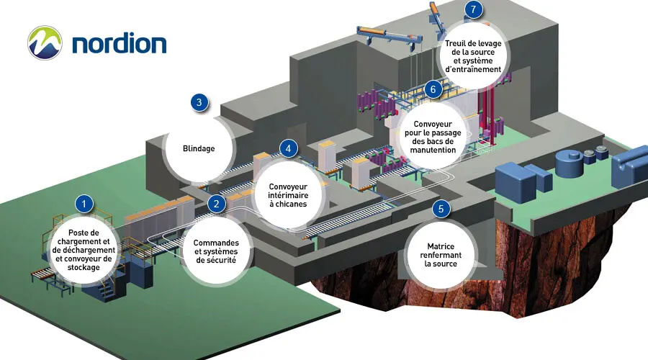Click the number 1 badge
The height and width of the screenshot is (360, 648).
coord(85,204)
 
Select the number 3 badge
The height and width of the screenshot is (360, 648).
coord(199,102)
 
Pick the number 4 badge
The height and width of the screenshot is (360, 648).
coord(288,148)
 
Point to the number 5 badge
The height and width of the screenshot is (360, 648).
coord(441,209)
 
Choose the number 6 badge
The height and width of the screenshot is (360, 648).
coord(432,89)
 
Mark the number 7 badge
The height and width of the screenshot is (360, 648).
coord(472,9)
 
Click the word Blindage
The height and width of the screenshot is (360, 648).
coord(199,150)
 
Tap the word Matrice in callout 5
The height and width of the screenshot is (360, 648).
coord(441,246)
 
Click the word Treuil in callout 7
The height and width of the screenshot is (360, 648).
coord(459,43)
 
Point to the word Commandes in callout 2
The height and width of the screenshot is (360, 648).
coord(216,243)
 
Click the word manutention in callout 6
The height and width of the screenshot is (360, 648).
coord(435,150)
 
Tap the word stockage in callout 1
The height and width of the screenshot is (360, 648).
coord(85,267)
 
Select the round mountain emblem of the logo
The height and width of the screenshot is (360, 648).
coord(45,42)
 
